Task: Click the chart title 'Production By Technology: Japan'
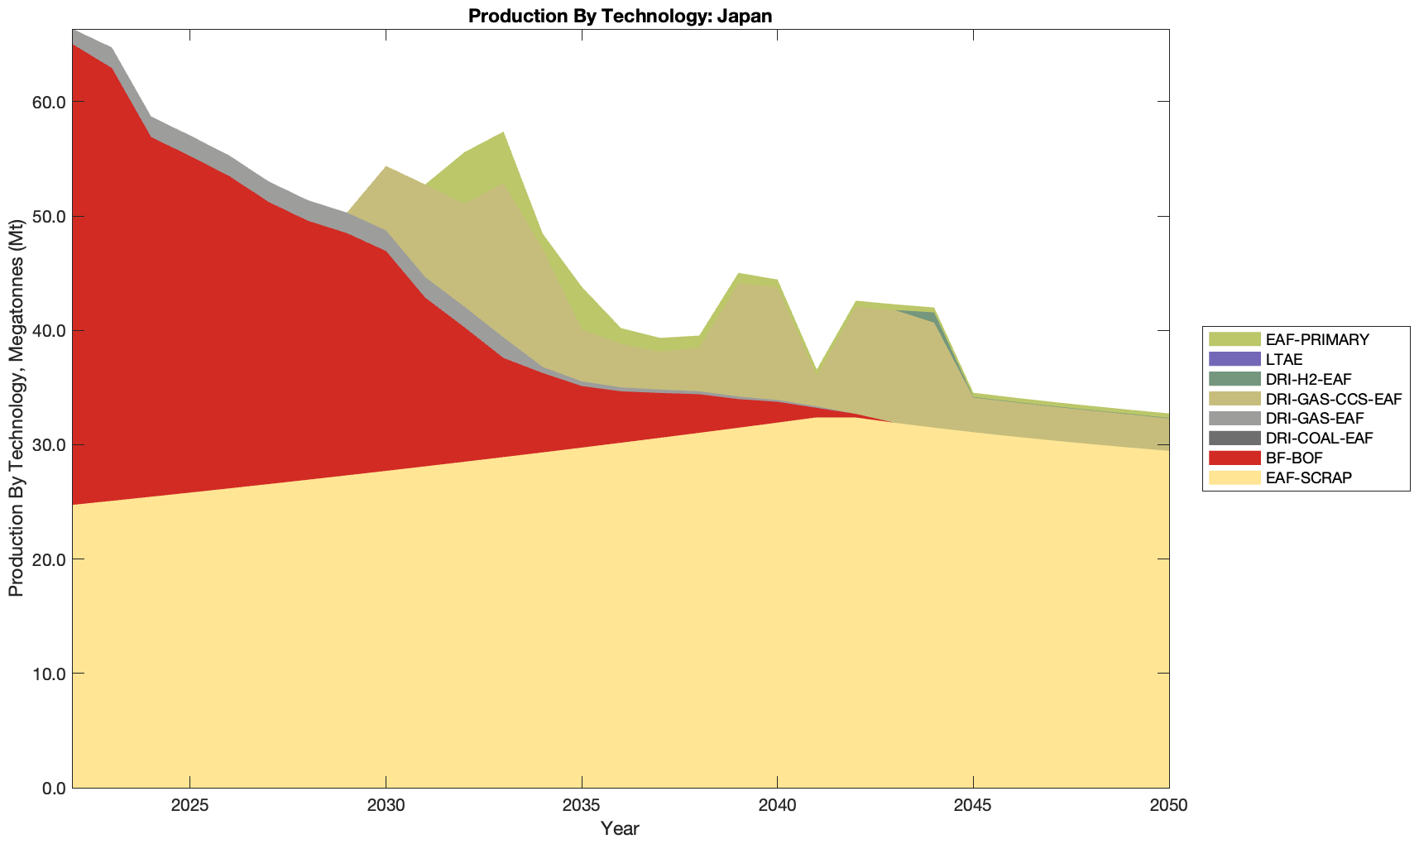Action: click(x=620, y=16)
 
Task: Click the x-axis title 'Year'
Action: click(x=620, y=828)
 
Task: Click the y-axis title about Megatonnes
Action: click(x=16, y=409)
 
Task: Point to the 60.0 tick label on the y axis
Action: click(x=49, y=103)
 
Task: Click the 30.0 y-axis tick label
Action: click(x=49, y=445)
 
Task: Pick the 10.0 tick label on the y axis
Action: click(x=49, y=674)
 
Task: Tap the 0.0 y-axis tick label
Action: click(x=53, y=788)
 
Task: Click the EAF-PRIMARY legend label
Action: click(x=1317, y=340)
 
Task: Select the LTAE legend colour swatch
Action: click(x=1234, y=360)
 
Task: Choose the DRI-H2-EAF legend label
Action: click(x=1308, y=380)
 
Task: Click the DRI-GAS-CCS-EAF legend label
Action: click(x=1334, y=399)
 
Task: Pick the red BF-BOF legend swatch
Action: click(x=1234, y=458)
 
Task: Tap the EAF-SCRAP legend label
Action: click(x=1308, y=477)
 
